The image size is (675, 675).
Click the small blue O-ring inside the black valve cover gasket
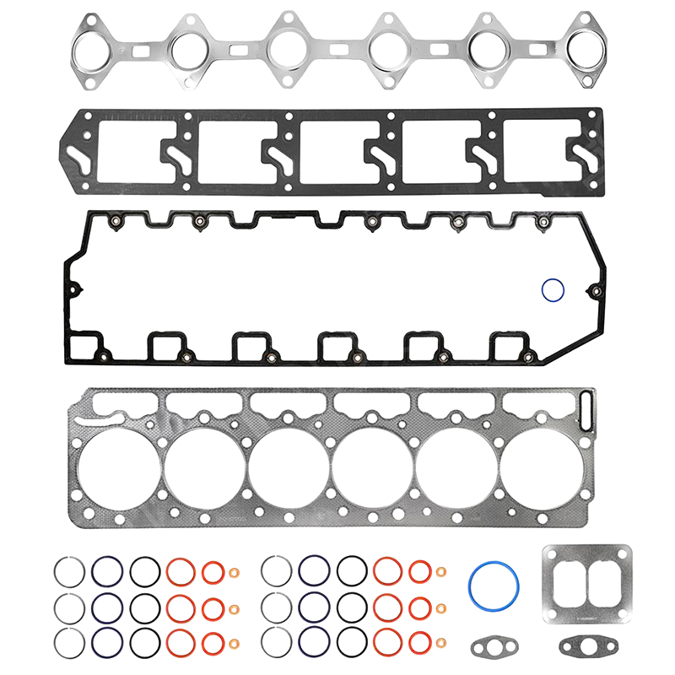(x=553, y=290)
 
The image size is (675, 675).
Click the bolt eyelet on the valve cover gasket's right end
(x=597, y=294)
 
